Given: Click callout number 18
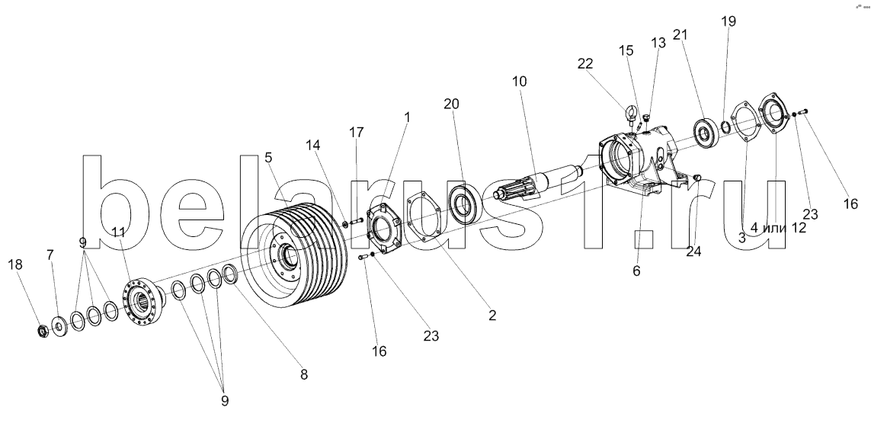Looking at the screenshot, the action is [x=15, y=264].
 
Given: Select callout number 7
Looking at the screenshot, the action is [x=50, y=255].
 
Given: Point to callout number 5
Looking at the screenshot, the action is [x=268, y=157].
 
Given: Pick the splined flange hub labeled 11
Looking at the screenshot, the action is [x=142, y=301].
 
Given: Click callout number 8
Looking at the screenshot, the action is [x=304, y=375].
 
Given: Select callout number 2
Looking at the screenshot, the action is [x=492, y=316].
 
